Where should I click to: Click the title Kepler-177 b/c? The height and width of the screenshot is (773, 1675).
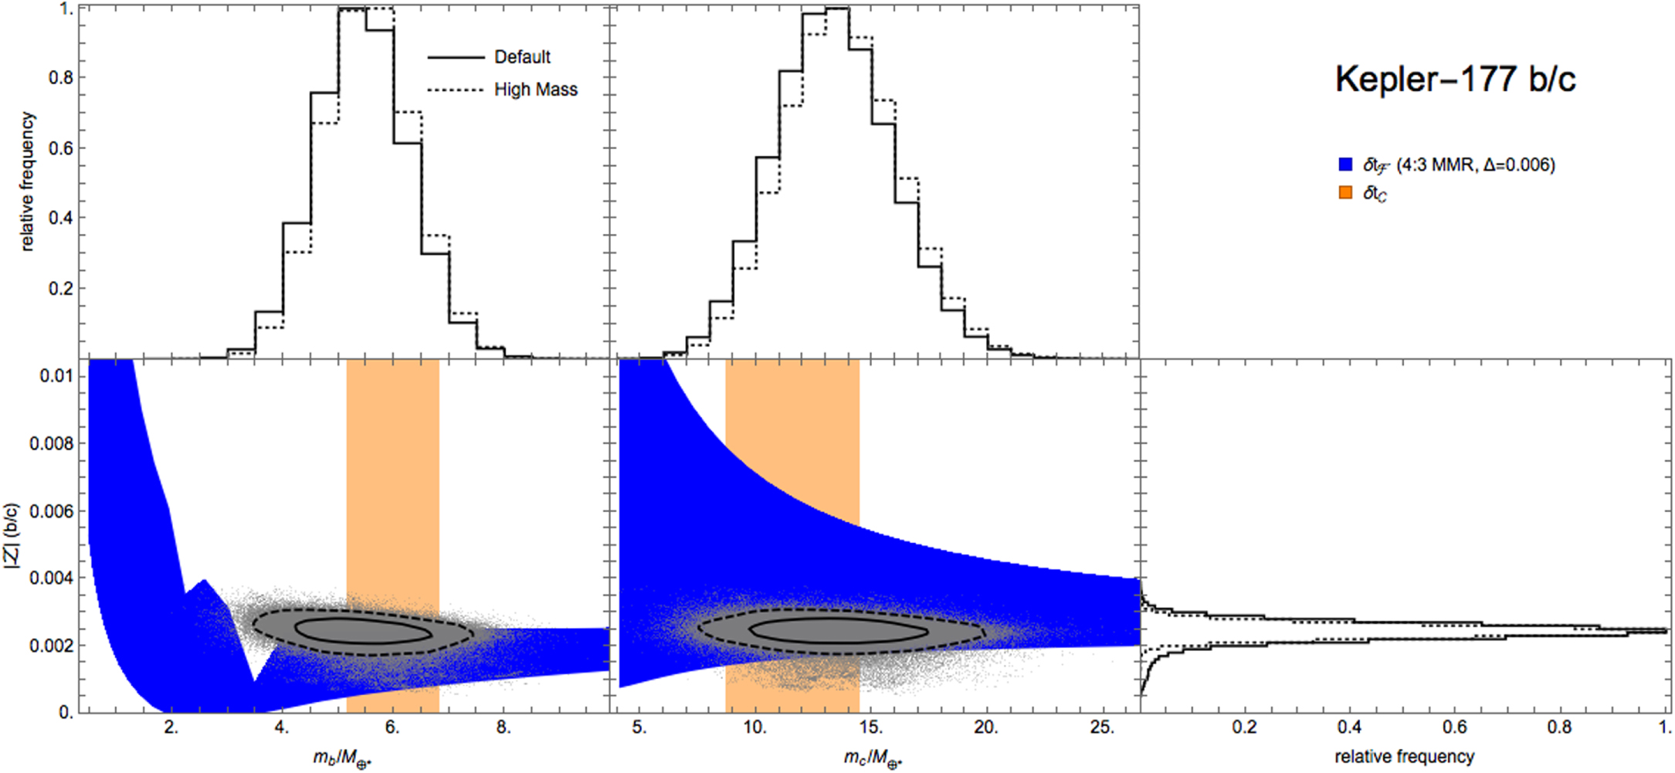pos(1455,80)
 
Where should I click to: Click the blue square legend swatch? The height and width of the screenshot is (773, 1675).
pos(1346,164)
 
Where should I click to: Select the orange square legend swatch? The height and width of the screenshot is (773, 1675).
pos(1346,192)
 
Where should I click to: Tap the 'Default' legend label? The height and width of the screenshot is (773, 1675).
pos(522,57)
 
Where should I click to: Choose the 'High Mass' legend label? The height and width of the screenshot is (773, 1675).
pos(535,90)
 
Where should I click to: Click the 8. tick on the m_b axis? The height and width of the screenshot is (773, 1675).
pos(504,727)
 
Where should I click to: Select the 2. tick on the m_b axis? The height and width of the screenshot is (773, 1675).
pos(171,727)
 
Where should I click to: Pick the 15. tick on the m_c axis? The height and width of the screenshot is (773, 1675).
pos(870,727)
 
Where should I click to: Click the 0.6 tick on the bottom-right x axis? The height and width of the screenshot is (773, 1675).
pos(1455,727)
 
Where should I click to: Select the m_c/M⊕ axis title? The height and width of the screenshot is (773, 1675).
pos(873,758)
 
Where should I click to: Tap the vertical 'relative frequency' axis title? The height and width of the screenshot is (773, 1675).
pos(28,181)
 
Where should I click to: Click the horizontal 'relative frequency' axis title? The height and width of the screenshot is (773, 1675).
pos(1404,757)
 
